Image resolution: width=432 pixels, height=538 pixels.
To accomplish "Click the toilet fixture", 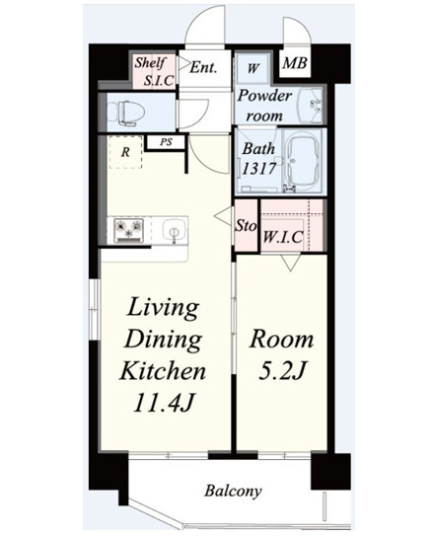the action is coord(125,112).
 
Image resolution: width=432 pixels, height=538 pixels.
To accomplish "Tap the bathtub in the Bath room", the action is coord(303,161).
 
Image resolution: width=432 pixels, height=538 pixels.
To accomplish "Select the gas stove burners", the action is coord(129,229).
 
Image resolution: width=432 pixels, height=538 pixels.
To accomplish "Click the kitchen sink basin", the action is coord(175,229).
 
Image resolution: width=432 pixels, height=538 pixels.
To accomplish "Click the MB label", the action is coord(295,63).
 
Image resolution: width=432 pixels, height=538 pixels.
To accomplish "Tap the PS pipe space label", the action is coord(166,142).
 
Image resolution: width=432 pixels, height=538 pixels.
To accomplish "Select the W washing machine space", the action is coord(252,68).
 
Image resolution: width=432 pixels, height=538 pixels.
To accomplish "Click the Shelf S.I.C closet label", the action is coord(154,71).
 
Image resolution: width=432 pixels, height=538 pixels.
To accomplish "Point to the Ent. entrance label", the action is coord(203,67).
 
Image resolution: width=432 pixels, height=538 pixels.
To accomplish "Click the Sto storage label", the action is coord(246,226).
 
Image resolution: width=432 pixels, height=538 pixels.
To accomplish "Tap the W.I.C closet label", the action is coord(283,237).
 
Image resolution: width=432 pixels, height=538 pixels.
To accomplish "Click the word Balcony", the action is coord(233,491).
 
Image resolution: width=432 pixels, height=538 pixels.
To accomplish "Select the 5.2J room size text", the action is coord(282,371).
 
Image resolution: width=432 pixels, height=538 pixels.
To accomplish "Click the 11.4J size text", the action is coord(165,402).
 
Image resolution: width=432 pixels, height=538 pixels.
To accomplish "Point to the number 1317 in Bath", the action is coord(259,169).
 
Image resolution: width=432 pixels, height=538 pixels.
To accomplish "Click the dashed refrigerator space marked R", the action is coord(125,152).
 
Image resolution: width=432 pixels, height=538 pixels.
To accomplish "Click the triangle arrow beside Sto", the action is coord(223,216).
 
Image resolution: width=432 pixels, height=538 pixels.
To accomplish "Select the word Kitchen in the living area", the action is coord(163,371).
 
